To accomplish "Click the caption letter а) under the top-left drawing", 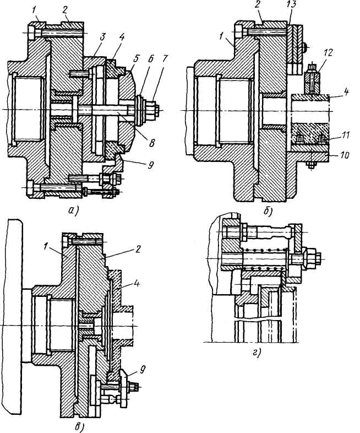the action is click(73, 211).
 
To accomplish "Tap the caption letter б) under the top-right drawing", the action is click(268, 211).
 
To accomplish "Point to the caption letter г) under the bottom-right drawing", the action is click(256, 353).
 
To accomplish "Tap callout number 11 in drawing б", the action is click(345, 135).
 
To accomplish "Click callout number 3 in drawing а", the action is click(102, 37).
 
